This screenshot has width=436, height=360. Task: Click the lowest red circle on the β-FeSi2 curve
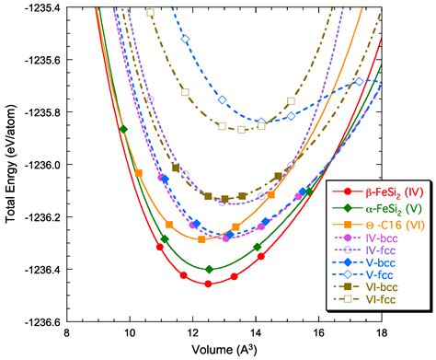[x=209, y=284]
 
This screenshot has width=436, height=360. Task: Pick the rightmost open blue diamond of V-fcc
[x=360, y=81]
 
